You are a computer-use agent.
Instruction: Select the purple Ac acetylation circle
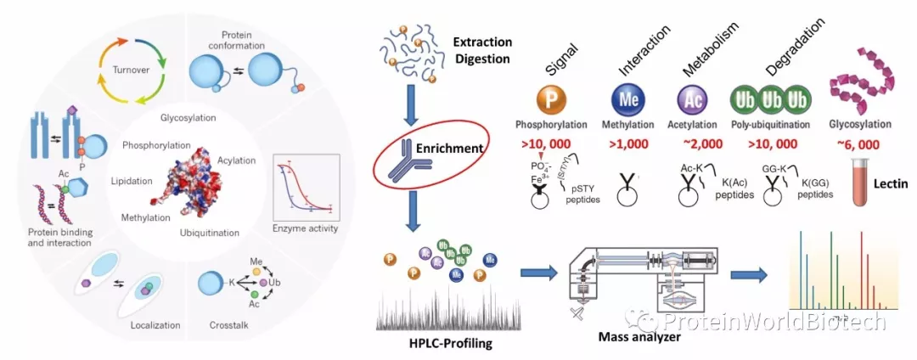(x=693, y=98)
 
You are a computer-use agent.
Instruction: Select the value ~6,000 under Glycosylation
(x=852, y=143)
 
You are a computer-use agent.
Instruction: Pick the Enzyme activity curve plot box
(x=307, y=193)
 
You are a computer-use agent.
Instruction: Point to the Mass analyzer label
(x=641, y=338)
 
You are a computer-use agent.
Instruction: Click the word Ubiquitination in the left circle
(x=209, y=232)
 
